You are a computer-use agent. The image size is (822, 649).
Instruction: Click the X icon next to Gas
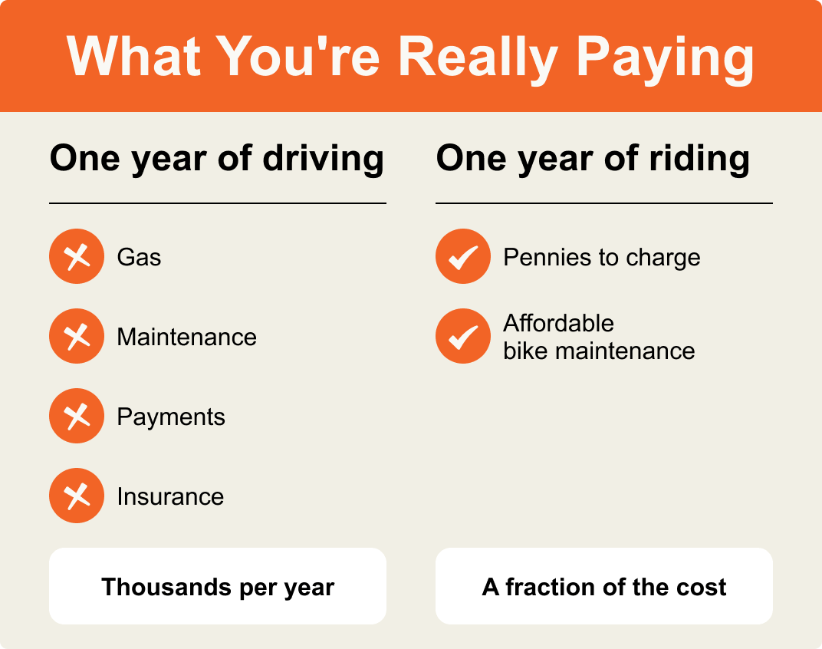pyautogui.click(x=77, y=256)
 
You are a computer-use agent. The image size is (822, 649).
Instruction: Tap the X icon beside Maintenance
pyautogui.click(x=77, y=336)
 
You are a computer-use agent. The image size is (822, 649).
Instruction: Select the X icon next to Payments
pyautogui.click(x=77, y=416)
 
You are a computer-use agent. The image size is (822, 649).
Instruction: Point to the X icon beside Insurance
pyautogui.click(x=77, y=496)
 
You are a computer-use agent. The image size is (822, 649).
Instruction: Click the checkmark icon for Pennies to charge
pyautogui.click(x=463, y=256)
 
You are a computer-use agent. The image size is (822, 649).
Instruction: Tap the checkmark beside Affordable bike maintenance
pyautogui.click(x=463, y=336)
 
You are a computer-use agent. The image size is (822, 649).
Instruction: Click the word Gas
pyautogui.click(x=139, y=257)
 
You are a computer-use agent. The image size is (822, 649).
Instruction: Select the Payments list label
pyautogui.click(x=171, y=417)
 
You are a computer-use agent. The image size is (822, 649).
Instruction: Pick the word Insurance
pyautogui.click(x=170, y=496)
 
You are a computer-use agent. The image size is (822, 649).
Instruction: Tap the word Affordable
pyautogui.click(x=558, y=323)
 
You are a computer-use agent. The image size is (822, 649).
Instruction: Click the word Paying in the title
pyautogui.click(x=665, y=57)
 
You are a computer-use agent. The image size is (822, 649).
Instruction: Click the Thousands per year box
pyautogui.click(x=218, y=586)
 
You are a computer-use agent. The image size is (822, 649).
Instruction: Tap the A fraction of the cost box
pyautogui.click(x=604, y=586)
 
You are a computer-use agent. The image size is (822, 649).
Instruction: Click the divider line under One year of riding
pyautogui.click(x=604, y=203)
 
